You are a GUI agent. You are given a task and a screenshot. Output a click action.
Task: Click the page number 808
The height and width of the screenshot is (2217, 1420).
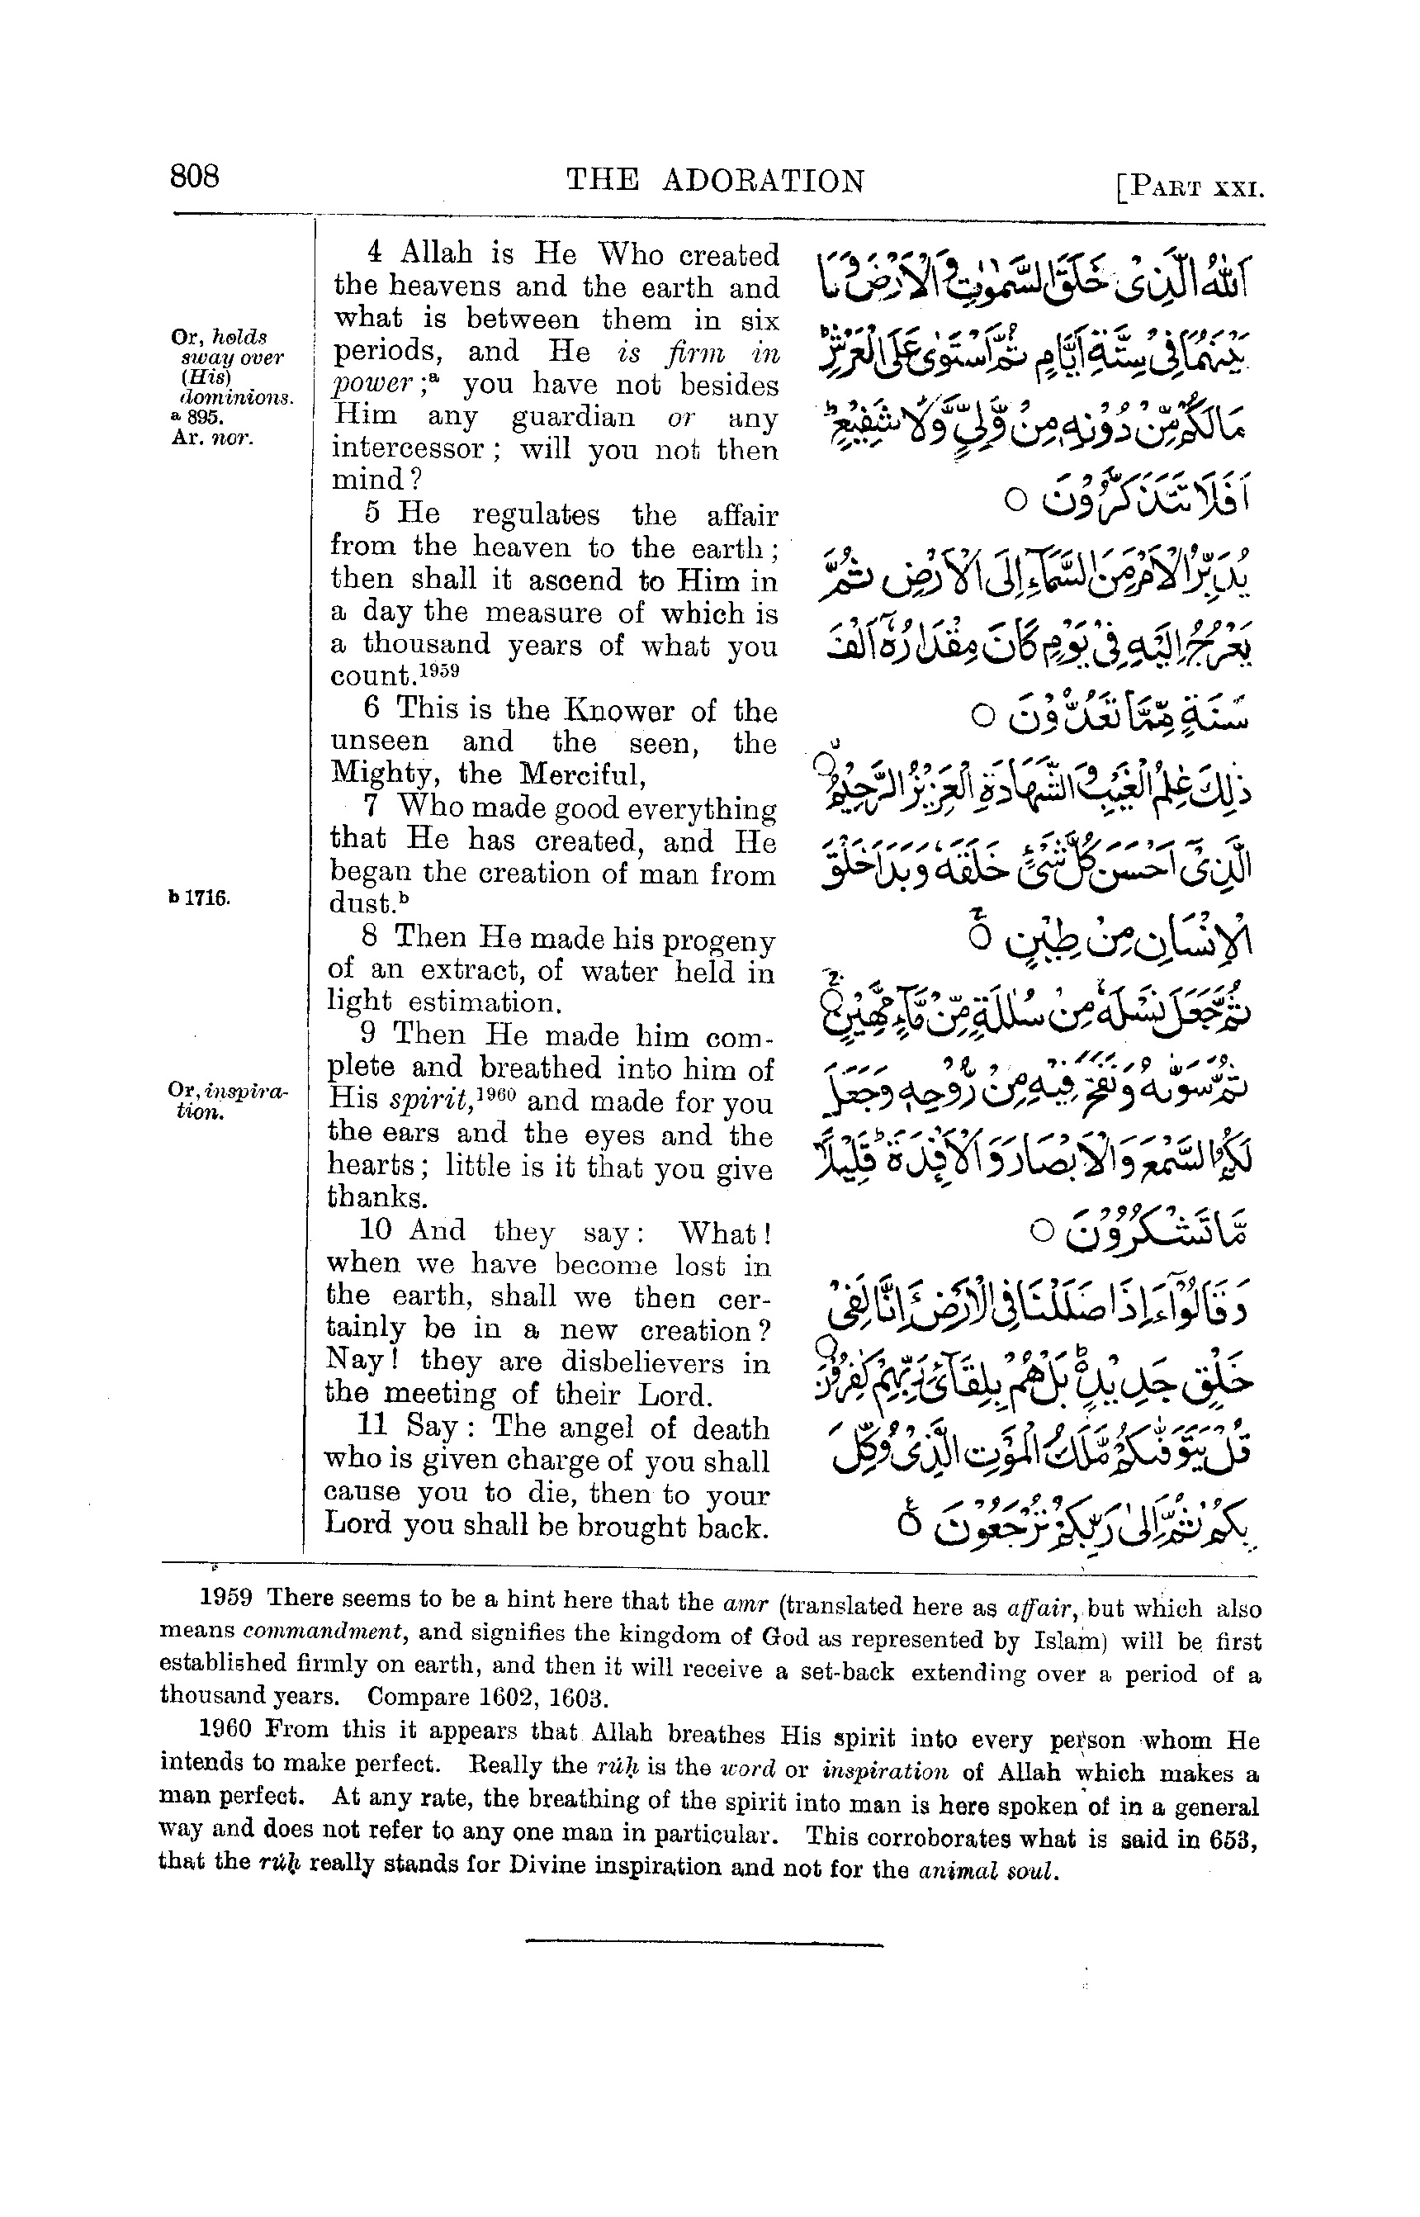tap(194, 174)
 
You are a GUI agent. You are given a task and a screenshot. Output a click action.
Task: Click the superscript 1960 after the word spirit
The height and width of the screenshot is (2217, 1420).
tap(499, 1095)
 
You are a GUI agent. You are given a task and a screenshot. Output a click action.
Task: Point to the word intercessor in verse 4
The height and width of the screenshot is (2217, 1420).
tap(409, 449)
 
